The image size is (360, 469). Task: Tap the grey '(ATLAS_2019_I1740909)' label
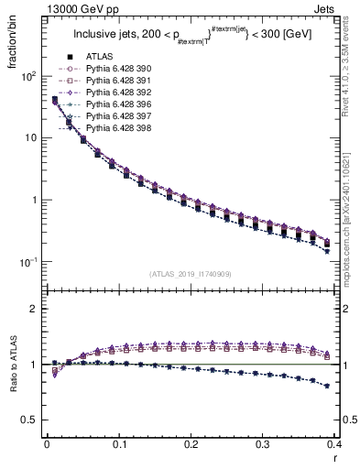pyautogui.click(x=191, y=274)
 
